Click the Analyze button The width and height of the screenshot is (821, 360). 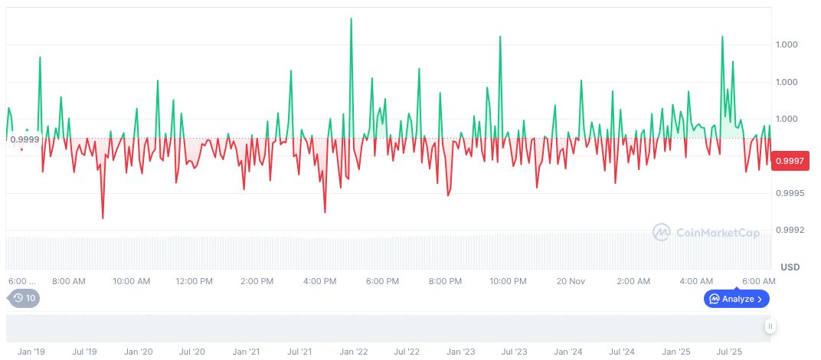[736, 299]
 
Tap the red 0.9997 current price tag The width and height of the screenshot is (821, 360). [788, 161]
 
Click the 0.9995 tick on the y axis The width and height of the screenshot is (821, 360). [788, 193]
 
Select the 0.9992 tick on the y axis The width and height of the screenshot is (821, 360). [788, 230]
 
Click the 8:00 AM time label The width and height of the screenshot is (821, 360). [68, 281]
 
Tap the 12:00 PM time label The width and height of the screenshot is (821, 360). [194, 281]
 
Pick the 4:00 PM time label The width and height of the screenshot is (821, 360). [319, 281]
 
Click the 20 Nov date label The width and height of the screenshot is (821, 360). [571, 281]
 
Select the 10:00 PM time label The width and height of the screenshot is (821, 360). [508, 281]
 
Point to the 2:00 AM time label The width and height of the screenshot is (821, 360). [633, 281]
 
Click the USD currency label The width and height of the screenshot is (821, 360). [790, 267]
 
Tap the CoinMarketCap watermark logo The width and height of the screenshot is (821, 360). [706, 232]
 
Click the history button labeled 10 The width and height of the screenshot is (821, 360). [25, 298]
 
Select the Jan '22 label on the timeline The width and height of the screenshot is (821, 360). [353, 352]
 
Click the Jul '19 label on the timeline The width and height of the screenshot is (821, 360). [84, 352]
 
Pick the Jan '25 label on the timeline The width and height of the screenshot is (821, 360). [676, 352]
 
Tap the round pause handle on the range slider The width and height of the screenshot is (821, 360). [770, 326]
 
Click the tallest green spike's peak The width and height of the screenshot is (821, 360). [351, 18]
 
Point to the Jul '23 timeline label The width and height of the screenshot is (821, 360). [514, 352]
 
